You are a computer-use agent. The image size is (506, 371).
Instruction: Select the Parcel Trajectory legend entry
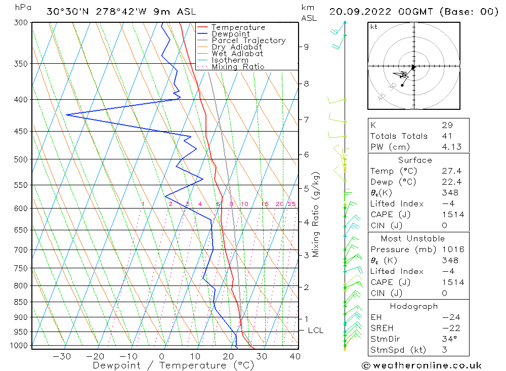(x=248, y=40)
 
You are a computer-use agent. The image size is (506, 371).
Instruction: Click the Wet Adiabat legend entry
(x=237, y=54)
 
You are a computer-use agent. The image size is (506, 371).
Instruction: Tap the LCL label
(x=315, y=331)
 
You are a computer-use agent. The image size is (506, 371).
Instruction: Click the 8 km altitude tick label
(x=306, y=84)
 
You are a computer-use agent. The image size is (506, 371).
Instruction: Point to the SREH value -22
(x=448, y=328)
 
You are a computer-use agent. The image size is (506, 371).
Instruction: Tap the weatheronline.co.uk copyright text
(x=421, y=365)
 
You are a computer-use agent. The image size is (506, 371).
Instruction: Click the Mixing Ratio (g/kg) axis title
(x=316, y=214)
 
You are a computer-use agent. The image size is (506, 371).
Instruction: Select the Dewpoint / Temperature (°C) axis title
(x=174, y=365)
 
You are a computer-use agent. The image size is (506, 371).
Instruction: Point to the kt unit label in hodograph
(x=373, y=27)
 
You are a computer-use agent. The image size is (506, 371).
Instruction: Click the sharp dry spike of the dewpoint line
(x=67, y=115)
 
